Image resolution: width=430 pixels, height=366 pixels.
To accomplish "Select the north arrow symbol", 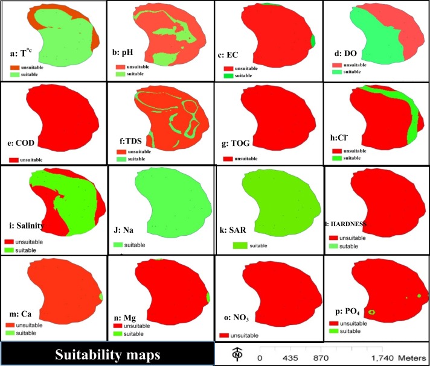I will point(234,355).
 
